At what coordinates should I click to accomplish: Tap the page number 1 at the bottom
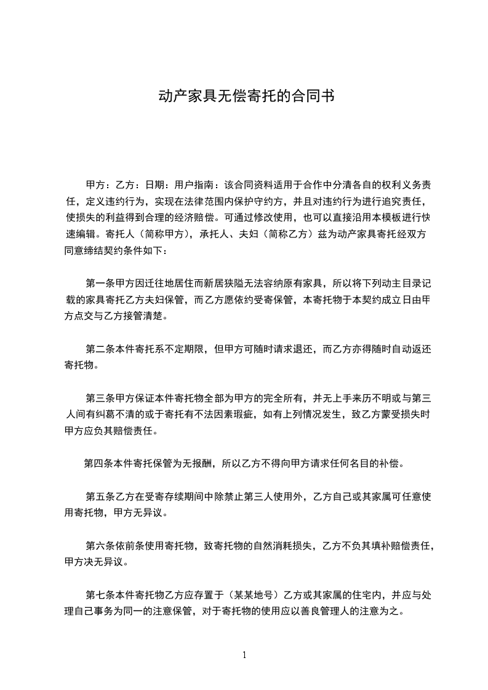coord(244,654)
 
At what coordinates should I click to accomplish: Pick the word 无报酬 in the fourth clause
coord(196,463)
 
